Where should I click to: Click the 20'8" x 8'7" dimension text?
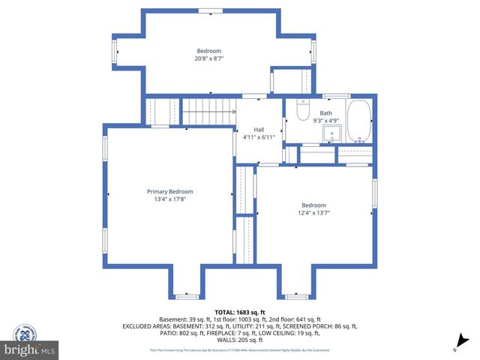point(209,58)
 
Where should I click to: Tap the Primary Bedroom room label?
point(169,191)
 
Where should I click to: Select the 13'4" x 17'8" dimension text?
point(169,199)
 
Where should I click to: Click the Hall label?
point(258,129)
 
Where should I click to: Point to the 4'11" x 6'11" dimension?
point(258,137)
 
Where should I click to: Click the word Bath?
point(325,112)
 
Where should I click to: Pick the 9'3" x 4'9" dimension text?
point(325,120)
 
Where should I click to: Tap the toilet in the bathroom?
point(302,112)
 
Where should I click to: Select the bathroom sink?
point(331,134)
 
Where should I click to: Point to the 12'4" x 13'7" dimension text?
point(313,213)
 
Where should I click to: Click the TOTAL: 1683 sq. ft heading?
point(239,312)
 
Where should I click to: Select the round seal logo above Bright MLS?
point(28,331)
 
